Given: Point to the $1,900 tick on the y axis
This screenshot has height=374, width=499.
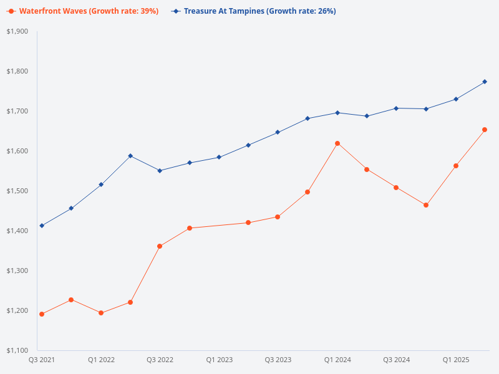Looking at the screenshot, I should point(17,31).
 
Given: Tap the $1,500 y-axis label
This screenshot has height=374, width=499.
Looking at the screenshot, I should point(17,191).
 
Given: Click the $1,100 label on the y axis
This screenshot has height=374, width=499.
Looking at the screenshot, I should point(17,350).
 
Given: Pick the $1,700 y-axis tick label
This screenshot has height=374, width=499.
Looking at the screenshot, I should point(17,111).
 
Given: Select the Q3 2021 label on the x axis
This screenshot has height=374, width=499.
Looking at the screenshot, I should point(42,360).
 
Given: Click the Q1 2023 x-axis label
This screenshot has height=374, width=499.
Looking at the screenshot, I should point(219,360).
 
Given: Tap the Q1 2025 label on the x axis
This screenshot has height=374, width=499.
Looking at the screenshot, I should point(456,360).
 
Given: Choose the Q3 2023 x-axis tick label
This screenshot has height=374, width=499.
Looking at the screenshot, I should point(278,360).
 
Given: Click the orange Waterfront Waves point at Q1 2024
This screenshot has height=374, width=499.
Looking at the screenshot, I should point(337,143).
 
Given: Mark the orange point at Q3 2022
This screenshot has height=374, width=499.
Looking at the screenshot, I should point(160,246).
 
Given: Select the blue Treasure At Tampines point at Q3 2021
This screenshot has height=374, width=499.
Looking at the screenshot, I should point(42,226).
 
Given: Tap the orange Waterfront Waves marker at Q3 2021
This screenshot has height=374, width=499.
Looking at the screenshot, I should point(42,314).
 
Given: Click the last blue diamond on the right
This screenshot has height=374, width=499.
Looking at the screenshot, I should point(485,82).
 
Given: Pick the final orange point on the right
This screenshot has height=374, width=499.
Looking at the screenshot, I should point(485,130).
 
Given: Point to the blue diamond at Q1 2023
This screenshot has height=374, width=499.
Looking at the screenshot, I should point(219,157).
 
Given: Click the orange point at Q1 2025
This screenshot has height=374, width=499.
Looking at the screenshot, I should point(456,166).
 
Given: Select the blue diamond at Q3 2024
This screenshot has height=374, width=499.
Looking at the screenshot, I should point(396,108).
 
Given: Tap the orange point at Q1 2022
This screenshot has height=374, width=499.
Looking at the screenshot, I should point(101,313).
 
